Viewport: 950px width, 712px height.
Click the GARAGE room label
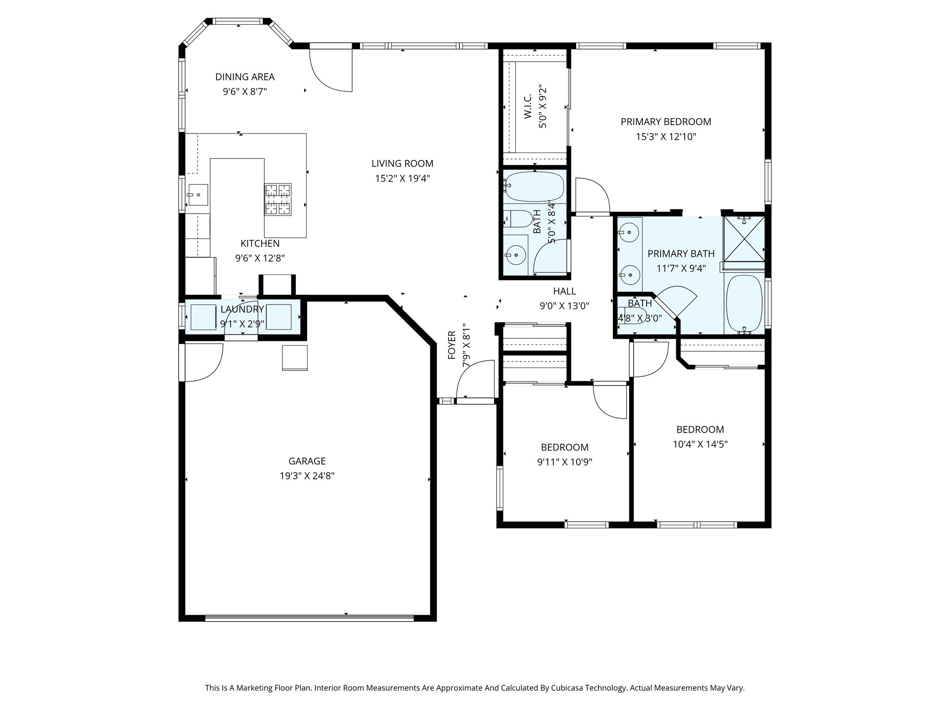(307, 461)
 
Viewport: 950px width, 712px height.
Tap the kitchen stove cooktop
(277, 199)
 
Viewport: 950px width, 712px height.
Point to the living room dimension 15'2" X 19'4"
(402, 178)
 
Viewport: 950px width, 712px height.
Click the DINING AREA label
(244, 77)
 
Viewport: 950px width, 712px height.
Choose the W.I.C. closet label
(528, 107)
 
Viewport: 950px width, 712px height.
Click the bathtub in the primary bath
(744, 304)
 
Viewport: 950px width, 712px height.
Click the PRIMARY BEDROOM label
(666, 121)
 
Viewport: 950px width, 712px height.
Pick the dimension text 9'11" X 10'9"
(565, 462)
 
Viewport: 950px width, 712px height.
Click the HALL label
(564, 291)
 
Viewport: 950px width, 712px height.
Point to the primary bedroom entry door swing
(591, 195)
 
